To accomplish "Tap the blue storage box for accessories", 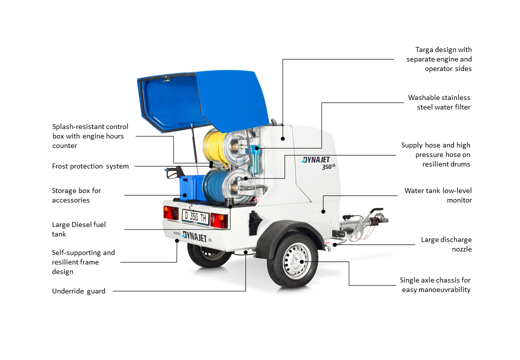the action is click(191, 187).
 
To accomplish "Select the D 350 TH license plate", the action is click(195, 217).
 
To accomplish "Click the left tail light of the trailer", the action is click(171, 212).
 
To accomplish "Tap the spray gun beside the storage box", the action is click(174, 172).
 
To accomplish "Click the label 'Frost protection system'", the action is click(90, 166).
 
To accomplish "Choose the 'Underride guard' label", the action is click(78, 291).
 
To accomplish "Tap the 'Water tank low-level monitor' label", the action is click(438, 195).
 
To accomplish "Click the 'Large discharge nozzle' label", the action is click(446, 244).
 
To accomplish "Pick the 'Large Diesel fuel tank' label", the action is click(78, 229).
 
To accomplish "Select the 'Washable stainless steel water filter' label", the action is click(439, 102).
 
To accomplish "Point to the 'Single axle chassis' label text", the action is click(435, 285).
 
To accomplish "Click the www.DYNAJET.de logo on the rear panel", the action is click(193, 236).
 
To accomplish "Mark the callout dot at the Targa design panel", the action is click(282, 138).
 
